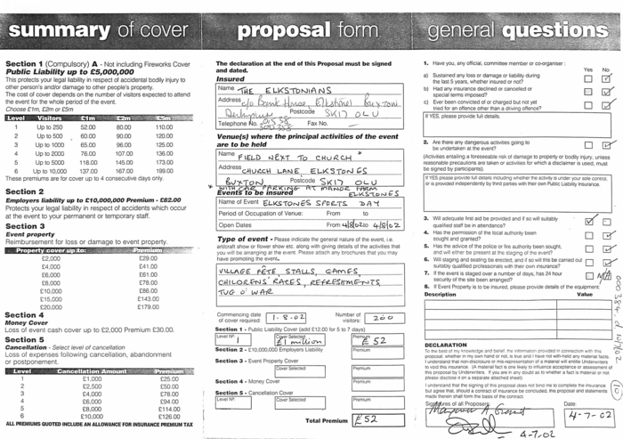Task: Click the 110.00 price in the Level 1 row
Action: tap(164, 127)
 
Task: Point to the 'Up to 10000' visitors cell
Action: tap(50, 170)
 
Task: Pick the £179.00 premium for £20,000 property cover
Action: tap(148, 307)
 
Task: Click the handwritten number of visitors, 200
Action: tap(382, 317)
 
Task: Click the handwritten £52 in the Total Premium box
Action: tap(366, 419)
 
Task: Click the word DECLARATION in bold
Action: tap(446, 345)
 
